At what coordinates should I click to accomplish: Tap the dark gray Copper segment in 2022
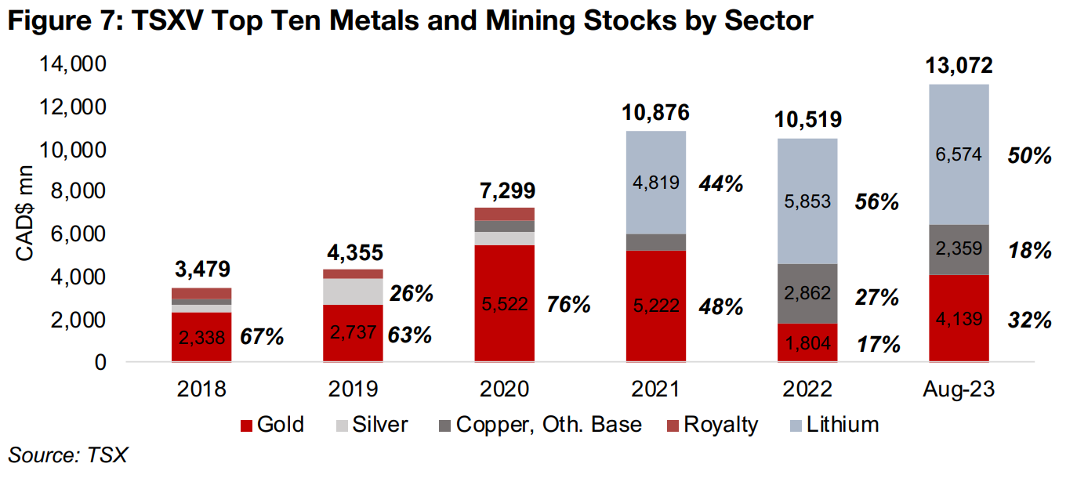(807, 294)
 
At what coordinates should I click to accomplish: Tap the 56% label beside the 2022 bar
(875, 201)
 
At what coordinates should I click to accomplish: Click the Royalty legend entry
(712, 425)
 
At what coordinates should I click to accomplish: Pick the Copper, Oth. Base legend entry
(539, 425)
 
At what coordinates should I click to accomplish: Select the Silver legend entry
(372, 425)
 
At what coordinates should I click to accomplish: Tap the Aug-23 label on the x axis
(959, 389)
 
